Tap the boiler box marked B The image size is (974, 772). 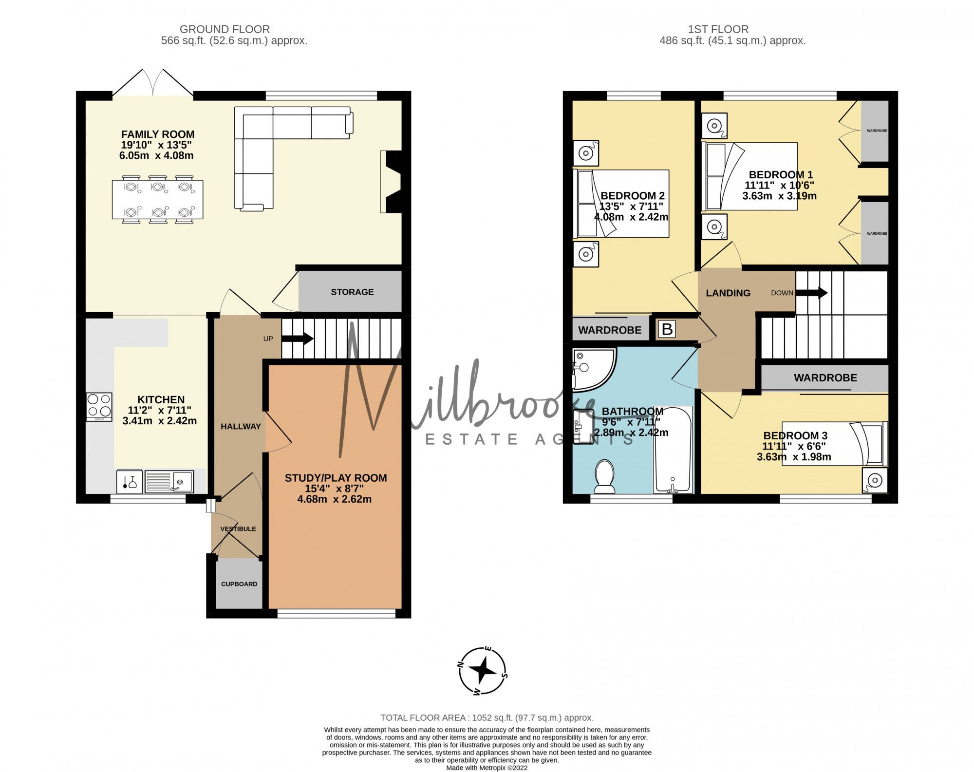[667, 330]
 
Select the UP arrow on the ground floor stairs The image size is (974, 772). [298, 339]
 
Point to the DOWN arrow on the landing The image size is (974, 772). [811, 293]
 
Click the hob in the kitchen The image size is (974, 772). [99, 406]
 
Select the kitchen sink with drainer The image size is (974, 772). [169, 481]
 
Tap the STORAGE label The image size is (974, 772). [352, 292]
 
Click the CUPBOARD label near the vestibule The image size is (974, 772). [239, 584]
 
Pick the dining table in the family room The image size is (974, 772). [157, 200]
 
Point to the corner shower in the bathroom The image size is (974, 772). [591, 369]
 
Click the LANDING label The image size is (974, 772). [728, 293]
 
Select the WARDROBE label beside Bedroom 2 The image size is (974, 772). [610, 330]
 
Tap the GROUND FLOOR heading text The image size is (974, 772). [225, 29]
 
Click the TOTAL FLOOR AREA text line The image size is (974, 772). [487, 717]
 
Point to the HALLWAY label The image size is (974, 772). [241, 426]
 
